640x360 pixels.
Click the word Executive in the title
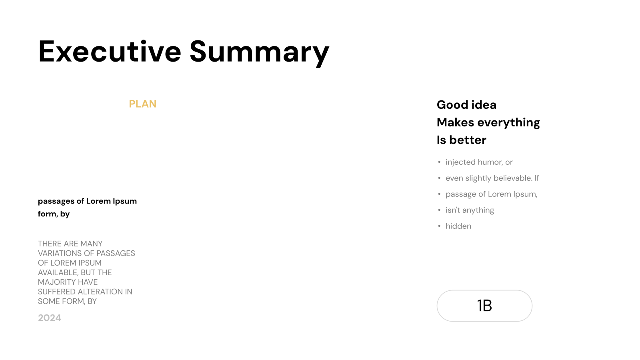coord(110,52)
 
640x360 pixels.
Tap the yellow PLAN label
coord(142,104)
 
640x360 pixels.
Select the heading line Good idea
coord(466,105)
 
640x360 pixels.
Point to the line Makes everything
coord(488,122)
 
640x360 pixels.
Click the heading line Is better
coord(462,140)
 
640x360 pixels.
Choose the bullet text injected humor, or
coord(479,162)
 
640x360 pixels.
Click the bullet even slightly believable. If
coord(492,178)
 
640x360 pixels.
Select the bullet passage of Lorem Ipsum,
coord(492,194)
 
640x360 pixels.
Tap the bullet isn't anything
coord(470,210)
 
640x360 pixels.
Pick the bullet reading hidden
coord(458,226)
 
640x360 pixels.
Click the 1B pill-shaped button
coord(484,306)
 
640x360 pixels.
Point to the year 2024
coord(50,318)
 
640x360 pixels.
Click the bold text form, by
coord(54,214)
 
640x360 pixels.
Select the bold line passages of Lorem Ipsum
coord(88,201)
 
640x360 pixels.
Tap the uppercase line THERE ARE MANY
coord(70,244)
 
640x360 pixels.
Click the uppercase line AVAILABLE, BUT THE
coord(75,272)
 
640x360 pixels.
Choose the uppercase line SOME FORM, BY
coord(67,302)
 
